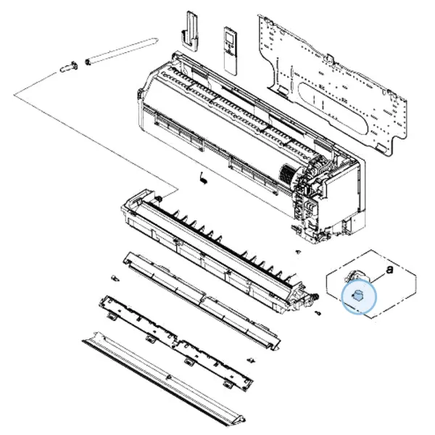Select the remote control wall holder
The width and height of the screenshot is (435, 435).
tap(192, 29)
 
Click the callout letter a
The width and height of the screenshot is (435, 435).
tap(390, 269)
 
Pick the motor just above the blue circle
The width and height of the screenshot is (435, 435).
tap(357, 275)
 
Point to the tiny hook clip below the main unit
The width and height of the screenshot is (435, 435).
tap(202, 177)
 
